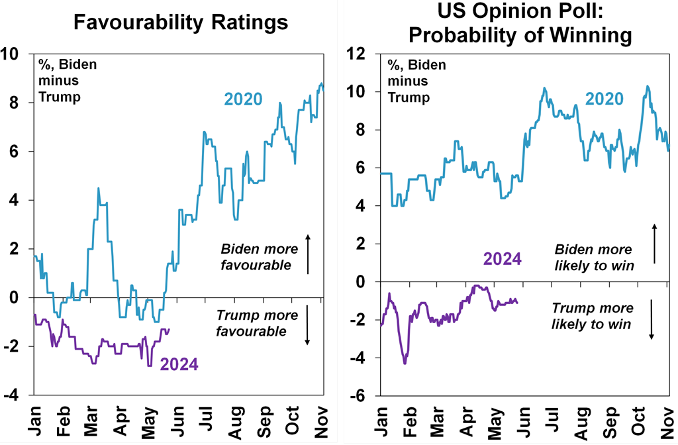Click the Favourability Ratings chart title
(181, 23)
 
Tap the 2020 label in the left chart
(243, 99)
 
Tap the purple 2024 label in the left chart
(179, 364)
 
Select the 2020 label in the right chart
(604, 99)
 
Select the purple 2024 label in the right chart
(502, 258)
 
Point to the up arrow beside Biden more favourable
(308, 254)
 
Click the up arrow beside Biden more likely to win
(654, 244)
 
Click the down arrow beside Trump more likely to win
(652, 319)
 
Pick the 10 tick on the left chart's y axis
(13, 54)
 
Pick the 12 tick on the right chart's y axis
(362, 54)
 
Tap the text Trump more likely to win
(593, 317)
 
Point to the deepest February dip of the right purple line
(405, 363)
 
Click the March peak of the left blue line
(98, 189)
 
